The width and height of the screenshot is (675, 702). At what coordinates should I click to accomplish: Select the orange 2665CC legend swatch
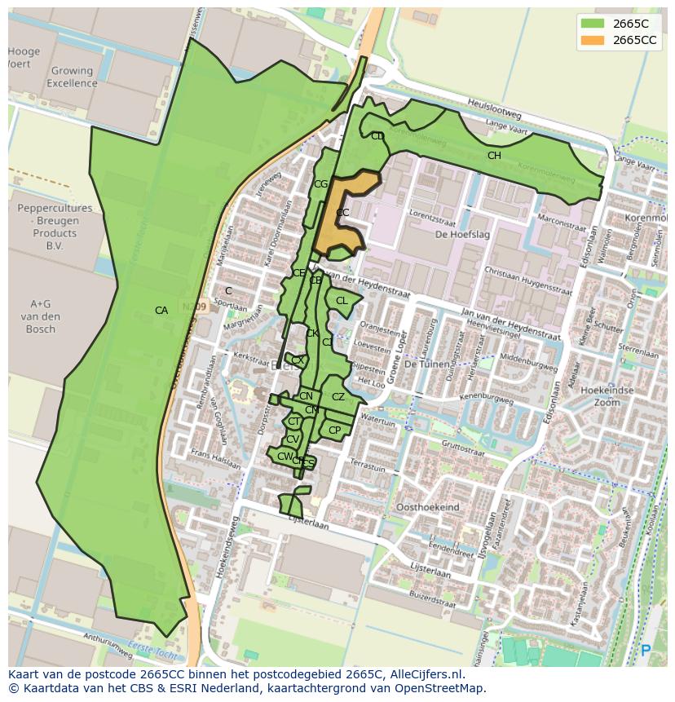[593, 40]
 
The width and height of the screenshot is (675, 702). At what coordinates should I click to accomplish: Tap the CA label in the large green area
[161, 310]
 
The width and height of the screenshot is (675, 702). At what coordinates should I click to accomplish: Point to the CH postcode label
[494, 156]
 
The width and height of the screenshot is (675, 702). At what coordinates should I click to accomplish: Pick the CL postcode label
[342, 301]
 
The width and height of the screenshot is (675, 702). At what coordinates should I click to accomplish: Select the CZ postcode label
[337, 397]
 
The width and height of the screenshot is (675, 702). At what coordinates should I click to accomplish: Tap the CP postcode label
[334, 430]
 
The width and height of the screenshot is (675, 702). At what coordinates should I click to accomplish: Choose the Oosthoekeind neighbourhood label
[427, 507]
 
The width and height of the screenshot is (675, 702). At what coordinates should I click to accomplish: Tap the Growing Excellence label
[72, 77]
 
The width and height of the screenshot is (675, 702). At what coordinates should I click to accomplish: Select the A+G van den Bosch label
[40, 316]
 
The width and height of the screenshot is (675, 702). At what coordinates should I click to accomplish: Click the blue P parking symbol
[646, 651]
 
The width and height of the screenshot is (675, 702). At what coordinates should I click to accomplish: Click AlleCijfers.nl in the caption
[424, 674]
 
